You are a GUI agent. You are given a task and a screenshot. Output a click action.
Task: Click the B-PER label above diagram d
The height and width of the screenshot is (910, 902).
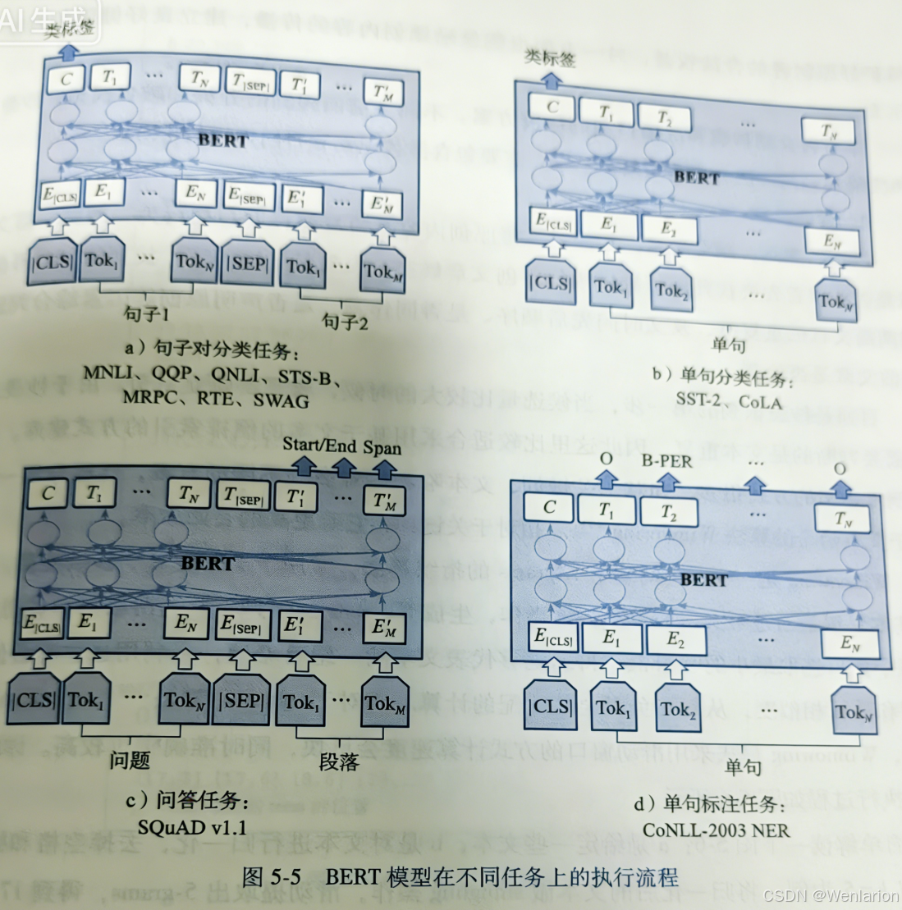point(666,461)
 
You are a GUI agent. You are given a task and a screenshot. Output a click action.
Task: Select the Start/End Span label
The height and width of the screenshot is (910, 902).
point(342,446)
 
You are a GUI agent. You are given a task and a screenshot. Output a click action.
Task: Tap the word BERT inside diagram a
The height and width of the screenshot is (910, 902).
point(222,140)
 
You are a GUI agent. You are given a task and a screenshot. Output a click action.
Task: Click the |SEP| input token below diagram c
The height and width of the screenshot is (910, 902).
point(241,702)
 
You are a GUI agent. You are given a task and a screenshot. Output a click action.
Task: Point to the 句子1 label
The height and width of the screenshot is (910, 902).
point(146,313)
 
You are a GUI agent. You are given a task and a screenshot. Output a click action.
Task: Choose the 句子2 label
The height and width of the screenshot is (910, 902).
point(345,322)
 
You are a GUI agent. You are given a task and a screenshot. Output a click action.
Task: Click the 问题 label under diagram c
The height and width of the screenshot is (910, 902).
point(130,761)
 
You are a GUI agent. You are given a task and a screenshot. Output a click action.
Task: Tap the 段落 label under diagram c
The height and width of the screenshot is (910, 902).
point(339,762)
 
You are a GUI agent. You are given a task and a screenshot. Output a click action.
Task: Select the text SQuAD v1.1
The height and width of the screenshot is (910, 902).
point(192,827)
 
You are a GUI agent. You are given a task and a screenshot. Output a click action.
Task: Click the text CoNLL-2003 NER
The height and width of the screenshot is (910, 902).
point(716,830)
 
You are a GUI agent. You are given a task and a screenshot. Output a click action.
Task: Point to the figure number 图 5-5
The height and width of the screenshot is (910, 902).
point(272,876)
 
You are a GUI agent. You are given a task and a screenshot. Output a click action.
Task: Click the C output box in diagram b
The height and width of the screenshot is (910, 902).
point(552,107)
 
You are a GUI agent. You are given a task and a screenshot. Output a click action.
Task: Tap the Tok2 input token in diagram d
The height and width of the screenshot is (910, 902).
point(678,710)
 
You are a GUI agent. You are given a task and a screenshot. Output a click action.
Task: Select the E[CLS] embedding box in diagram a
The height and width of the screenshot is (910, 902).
point(61,196)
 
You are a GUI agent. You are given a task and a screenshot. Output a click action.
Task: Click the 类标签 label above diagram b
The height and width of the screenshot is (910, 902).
point(550,58)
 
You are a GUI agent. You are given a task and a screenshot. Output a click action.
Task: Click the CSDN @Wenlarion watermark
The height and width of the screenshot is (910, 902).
point(830,895)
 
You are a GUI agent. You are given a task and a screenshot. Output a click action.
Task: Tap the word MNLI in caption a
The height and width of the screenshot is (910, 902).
point(108,373)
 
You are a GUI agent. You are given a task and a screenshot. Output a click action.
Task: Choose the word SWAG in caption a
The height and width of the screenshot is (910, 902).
point(281,400)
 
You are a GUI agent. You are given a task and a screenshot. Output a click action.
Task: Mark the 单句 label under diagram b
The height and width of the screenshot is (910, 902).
point(728,345)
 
